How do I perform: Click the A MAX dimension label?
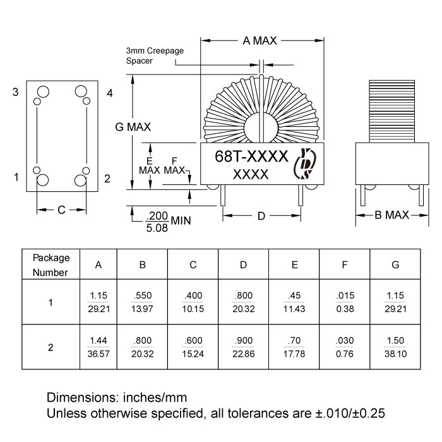(260, 41)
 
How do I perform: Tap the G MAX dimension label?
(133, 126)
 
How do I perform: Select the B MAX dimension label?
(392, 215)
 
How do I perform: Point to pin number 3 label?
(15, 93)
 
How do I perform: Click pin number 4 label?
(109, 93)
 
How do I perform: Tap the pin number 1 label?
(16, 177)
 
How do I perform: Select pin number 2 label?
(107, 179)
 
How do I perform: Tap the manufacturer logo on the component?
(306, 164)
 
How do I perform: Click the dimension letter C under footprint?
(61, 210)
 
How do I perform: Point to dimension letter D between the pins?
(261, 217)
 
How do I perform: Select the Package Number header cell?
(51, 265)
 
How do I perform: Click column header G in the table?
(395, 265)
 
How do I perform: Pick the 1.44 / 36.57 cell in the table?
(99, 347)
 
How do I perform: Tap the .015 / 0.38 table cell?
(344, 301)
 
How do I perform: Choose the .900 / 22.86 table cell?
(243, 347)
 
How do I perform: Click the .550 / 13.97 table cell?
(143, 301)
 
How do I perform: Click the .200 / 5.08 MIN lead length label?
(159, 222)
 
